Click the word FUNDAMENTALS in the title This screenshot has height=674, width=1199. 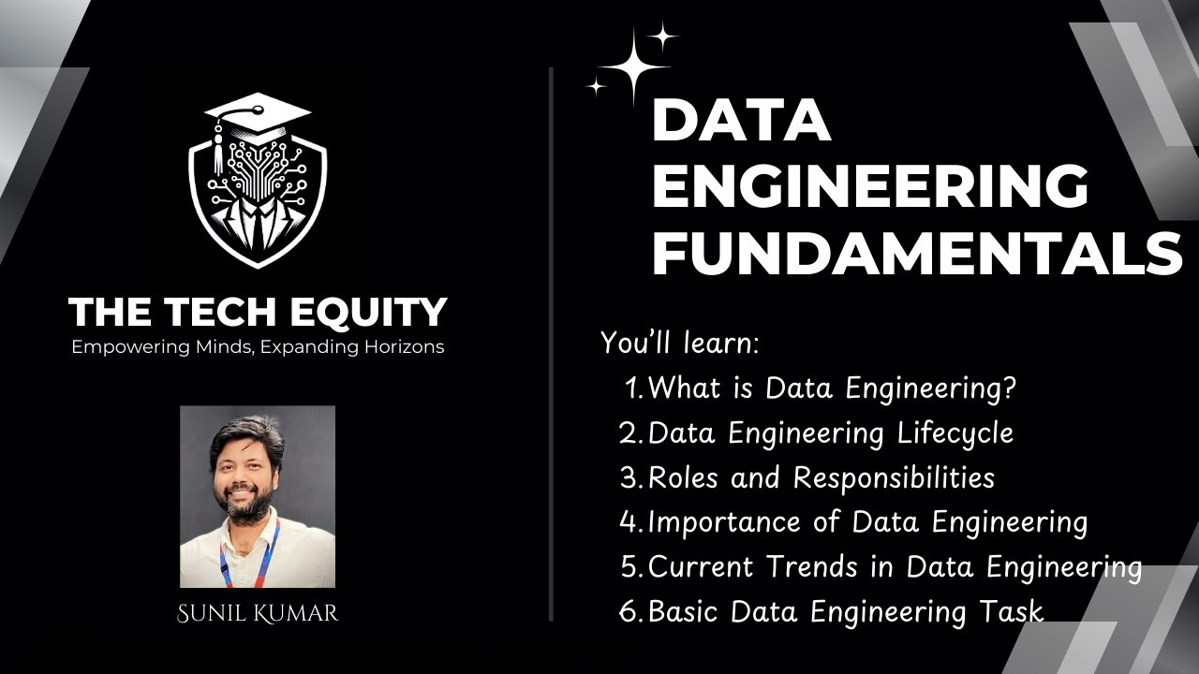pyautogui.click(x=916, y=253)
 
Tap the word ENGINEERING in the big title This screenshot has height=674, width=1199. pyautogui.click(x=869, y=185)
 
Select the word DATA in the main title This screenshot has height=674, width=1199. pyautogui.click(x=741, y=120)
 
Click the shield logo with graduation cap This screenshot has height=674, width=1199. pyautogui.click(x=258, y=183)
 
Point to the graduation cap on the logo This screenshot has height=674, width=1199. pyautogui.click(x=258, y=110)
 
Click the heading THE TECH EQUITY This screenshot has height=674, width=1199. pyautogui.click(x=258, y=312)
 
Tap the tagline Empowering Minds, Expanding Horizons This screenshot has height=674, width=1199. pyautogui.click(x=258, y=347)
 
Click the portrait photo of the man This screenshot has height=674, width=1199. pyautogui.click(x=258, y=496)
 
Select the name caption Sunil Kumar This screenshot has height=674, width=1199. pyautogui.click(x=258, y=614)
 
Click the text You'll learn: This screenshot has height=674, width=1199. pyautogui.click(x=679, y=344)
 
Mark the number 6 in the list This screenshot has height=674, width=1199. pyautogui.click(x=628, y=613)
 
